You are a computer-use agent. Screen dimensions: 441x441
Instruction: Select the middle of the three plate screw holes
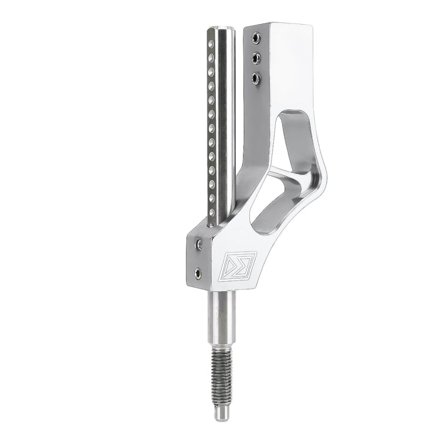pos(256,58)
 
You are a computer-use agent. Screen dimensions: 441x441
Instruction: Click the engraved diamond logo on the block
pos(240,265)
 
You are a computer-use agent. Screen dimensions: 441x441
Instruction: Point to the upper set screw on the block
pos(199,243)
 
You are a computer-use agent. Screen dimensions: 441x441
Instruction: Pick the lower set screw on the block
pos(197,273)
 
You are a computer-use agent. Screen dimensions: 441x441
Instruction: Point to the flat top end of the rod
pos(222,27)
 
